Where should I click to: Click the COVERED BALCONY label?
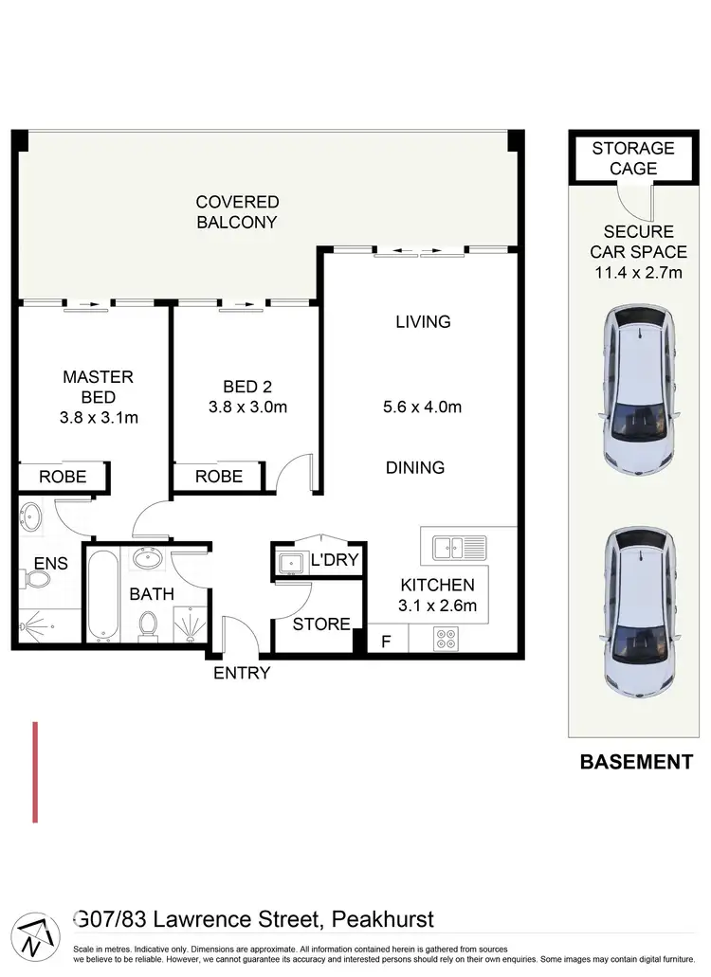click(237, 212)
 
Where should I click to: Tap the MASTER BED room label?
click(98, 387)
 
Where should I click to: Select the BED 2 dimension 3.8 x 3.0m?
click(246, 407)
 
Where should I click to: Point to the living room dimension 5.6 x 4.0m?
click(422, 407)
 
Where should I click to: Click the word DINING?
click(414, 467)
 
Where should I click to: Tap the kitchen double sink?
click(459, 547)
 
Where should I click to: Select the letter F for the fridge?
click(385, 640)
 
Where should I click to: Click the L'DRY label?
click(336, 560)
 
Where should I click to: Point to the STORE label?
click(321, 624)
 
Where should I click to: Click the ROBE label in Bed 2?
click(219, 477)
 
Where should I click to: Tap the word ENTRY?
click(242, 673)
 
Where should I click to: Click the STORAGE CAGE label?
click(632, 158)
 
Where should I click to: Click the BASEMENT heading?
click(635, 761)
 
